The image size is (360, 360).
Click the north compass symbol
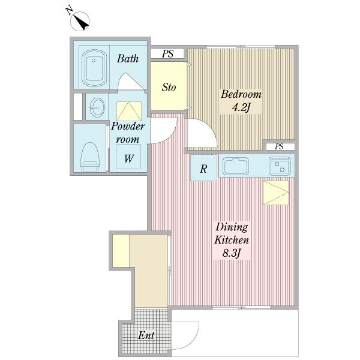[x=80, y=21]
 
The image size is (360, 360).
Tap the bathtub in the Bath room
[x=94, y=68]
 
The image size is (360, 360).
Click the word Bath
[x=128, y=59]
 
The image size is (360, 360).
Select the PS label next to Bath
[x=167, y=54]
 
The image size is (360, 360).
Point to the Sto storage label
[x=169, y=87]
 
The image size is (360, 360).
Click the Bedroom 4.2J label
[x=241, y=101]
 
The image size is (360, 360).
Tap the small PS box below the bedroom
[x=280, y=146]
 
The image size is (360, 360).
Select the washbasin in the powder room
[x=97, y=107]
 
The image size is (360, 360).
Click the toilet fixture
[x=90, y=157]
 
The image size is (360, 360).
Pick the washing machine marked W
[x=128, y=157]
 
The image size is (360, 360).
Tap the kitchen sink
[x=236, y=166]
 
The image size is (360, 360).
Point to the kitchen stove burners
[x=280, y=166]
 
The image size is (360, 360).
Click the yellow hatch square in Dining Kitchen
[x=276, y=193]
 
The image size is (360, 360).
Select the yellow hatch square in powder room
[x=129, y=111]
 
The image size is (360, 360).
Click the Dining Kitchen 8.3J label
[x=232, y=240]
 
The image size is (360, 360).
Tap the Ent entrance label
[x=146, y=335]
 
